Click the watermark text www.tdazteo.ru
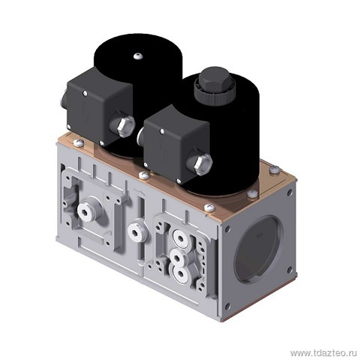click(x=323, y=353)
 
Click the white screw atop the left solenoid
click(x=138, y=56)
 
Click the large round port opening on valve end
click(x=259, y=249)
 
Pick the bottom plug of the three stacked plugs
click(x=180, y=274)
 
